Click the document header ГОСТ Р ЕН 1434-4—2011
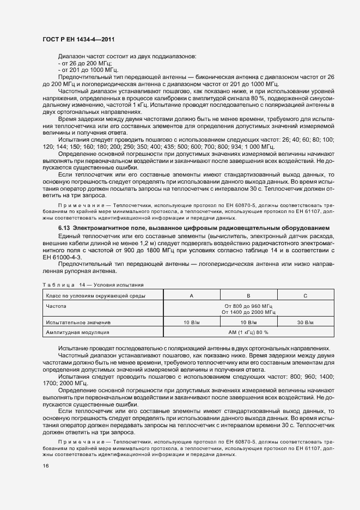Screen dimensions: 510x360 pyautogui.click(x=78, y=40)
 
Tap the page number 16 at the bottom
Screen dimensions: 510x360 pyautogui.click(x=45, y=466)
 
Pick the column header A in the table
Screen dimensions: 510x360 pyautogui.click(x=191, y=295)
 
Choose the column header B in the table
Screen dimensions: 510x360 pyautogui.click(x=248, y=295)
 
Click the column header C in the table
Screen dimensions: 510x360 pyautogui.click(x=305, y=295)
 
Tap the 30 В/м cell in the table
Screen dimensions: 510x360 pyautogui.click(x=305, y=323)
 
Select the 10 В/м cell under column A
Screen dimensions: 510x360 pyautogui.click(x=191, y=323)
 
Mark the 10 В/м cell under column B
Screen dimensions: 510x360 pyautogui.click(x=248, y=323)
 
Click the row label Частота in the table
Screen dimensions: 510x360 pyautogui.click(x=57, y=306)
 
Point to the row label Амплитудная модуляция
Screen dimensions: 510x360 pyautogui.click(x=78, y=331)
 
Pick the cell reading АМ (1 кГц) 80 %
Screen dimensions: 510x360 pyautogui.click(x=248, y=331)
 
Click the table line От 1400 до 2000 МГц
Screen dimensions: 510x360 pyautogui.click(x=248, y=312)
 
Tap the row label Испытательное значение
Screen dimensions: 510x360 pyautogui.click(x=78, y=323)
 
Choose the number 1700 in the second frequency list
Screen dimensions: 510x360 pyautogui.click(x=50, y=383)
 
